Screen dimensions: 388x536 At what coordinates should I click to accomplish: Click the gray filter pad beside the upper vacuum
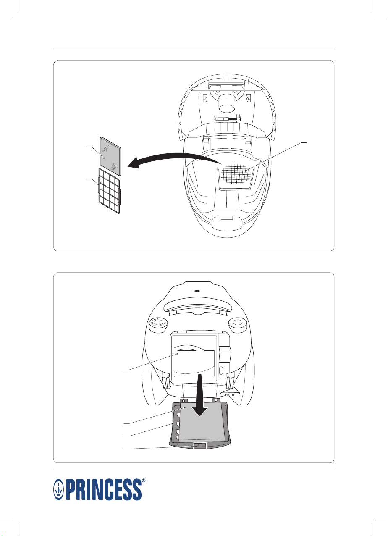point(110,156)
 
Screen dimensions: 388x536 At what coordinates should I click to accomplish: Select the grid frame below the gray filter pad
point(109,191)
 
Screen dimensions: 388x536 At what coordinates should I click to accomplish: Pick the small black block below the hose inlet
point(233,118)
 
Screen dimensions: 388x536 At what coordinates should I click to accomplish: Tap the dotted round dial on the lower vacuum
point(158,325)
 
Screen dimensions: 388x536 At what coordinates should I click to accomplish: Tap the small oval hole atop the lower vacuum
point(197,291)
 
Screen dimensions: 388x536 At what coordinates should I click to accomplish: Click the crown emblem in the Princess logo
point(59,489)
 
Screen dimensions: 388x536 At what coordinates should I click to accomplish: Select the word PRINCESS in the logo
point(103,489)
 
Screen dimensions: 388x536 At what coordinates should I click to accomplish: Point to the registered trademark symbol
point(144,480)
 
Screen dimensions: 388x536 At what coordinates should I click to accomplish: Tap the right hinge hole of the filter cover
point(216,399)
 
